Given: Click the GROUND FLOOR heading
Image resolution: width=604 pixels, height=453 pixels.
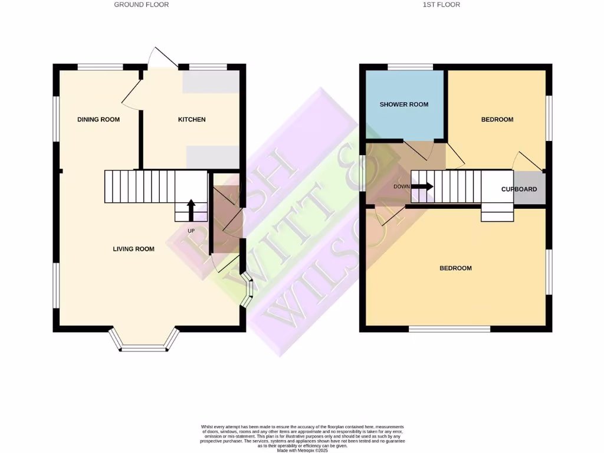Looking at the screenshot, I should point(141,5).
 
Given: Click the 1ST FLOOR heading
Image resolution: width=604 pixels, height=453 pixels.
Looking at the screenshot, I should point(441,5).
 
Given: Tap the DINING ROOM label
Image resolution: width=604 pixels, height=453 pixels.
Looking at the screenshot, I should point(99,120).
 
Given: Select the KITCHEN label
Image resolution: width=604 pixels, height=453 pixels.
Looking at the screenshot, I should point(192,120).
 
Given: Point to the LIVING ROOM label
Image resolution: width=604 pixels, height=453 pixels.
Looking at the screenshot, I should point(133,249).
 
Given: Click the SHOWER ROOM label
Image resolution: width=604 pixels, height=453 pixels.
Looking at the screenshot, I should point(403,104).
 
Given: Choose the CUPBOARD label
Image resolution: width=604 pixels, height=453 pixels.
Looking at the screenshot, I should point(518,189).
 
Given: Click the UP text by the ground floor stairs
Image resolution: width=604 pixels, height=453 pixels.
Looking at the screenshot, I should point(191,231).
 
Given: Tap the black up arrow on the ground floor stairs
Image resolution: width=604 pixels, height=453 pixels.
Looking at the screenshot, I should point(191,209).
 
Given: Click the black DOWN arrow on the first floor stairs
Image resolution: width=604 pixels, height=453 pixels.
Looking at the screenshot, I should point(422,186).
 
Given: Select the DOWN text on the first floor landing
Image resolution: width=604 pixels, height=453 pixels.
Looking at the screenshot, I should point(401,186).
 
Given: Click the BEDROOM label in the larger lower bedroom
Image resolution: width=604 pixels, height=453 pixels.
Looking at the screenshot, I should point(455,268).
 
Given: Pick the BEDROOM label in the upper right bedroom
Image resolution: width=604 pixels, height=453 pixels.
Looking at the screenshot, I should point(497,120).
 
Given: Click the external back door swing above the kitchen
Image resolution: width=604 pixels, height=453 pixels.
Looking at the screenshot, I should point(162,56).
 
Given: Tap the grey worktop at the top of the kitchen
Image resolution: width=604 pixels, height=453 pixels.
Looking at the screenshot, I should point(211,82).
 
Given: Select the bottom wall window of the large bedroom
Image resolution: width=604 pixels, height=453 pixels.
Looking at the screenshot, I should point(449,329).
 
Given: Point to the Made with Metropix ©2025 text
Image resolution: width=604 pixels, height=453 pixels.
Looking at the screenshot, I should point(302,450).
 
